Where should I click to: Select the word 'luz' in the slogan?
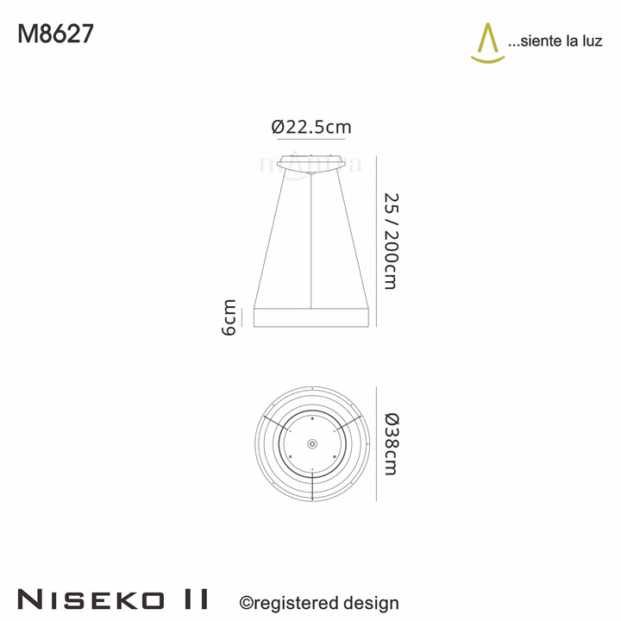point(591,41)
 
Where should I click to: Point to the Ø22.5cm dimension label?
point(310,127)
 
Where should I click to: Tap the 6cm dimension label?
point(229,317)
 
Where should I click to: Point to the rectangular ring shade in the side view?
point(311,317)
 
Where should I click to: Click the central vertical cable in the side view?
point(311,241)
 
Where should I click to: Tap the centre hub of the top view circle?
point(311,442)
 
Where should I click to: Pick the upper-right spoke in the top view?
point(348,422)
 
